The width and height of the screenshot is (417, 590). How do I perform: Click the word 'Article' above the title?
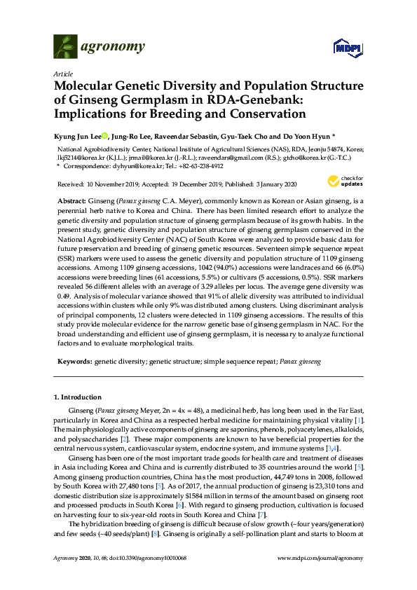coord(62,74)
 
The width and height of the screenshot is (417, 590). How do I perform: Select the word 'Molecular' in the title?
coord(88,87)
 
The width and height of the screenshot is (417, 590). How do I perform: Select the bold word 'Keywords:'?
coord(74,363)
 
